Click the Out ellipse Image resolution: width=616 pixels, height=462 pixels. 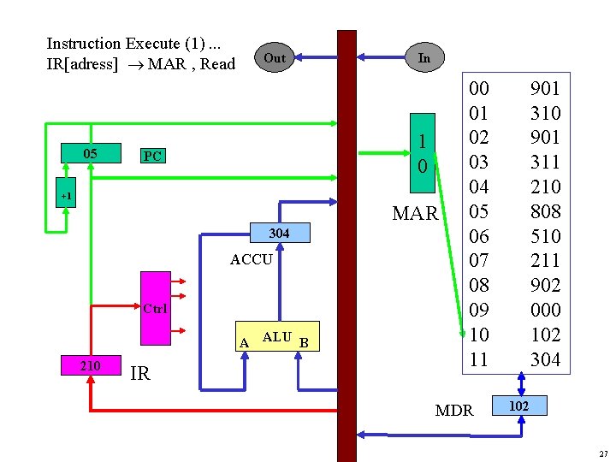click(x=275, y=58)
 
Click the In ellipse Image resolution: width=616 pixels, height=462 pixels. click(x=423, y=57)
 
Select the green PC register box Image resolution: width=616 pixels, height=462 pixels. click(x=152, y=156)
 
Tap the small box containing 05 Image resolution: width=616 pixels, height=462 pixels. click(x=90, y=154)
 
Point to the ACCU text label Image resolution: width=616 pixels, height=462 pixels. click(x=252, y=259)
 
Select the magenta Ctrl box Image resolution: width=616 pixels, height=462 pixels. click(x=156, y=308)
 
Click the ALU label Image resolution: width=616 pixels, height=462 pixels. click(x=277, y=337)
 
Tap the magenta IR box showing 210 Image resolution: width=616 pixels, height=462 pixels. click(x=90, y=366)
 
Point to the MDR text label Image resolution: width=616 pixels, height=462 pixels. click(x=454, y=411)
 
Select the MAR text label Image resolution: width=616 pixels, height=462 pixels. click(x=415, y=213)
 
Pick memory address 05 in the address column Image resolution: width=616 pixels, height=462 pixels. click(x=479, y=211)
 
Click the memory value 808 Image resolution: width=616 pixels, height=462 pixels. click(x=545, y=211)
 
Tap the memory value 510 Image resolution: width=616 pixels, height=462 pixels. click(x=545, y=236)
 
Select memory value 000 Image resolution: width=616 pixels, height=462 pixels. click(x=545, y=310)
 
